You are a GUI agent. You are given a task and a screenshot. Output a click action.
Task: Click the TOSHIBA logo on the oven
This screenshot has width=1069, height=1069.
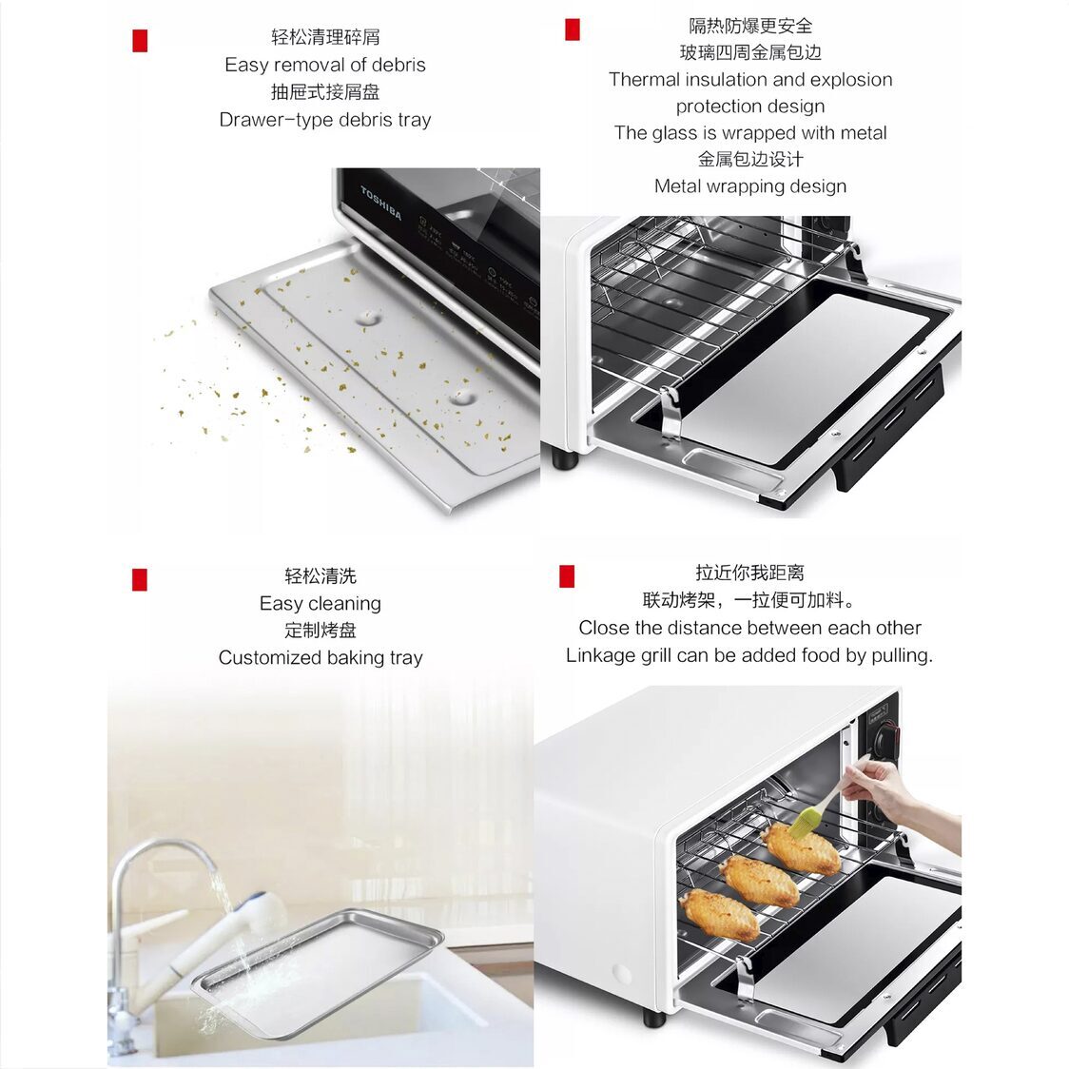[380, 204]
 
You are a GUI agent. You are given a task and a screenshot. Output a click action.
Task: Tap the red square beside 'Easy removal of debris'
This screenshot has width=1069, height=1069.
[140, 41]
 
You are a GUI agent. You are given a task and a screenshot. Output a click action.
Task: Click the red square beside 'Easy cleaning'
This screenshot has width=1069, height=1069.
[140, 579]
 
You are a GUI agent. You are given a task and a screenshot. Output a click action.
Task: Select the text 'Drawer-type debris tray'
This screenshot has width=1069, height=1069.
[325, 120]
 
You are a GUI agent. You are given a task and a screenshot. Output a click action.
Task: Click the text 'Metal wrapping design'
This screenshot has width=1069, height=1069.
[749, 186]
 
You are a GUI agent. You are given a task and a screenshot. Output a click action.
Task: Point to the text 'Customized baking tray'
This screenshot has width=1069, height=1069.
[321, 657]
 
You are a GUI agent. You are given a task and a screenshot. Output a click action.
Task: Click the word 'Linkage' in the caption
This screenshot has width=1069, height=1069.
[601, 655]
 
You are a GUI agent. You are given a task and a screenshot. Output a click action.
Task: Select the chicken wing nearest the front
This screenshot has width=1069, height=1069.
[720, 914]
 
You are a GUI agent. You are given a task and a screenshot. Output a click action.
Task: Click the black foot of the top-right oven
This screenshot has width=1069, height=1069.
[565, 459]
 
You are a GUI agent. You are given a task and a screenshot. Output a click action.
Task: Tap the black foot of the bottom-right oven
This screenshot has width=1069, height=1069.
[653, 1018]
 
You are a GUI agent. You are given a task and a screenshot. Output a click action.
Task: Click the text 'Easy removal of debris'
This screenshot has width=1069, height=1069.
[325, 65]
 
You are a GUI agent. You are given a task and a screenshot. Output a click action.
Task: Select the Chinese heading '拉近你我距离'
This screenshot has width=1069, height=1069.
[749, 573]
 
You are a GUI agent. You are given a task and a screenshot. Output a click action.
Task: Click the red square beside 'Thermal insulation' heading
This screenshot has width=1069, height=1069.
[572, 29]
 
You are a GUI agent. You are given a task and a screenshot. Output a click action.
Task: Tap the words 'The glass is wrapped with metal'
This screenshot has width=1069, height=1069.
[749, 133]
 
